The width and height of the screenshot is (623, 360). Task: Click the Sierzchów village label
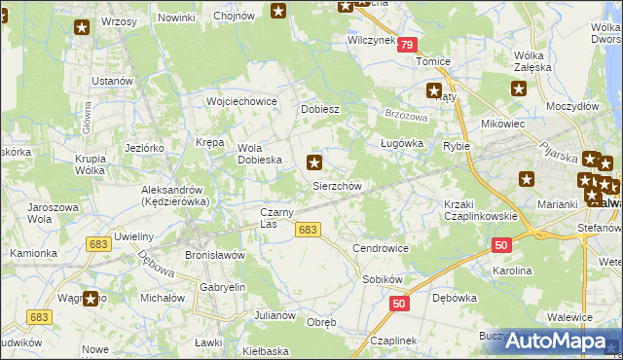[x=337, y=186]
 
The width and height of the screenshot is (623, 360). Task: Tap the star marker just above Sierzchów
[x=313, y=162]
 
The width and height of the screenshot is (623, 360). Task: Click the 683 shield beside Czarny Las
[x=308, y=229]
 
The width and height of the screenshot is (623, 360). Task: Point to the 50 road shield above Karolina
[x=501, y=247]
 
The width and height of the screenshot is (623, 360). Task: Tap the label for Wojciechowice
[x=242, y=101]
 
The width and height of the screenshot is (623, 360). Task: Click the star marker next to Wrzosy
[x=82, y=27]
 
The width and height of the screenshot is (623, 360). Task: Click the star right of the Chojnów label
[x=278, y=12]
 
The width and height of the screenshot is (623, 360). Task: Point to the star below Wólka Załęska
[x=519, y=89]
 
